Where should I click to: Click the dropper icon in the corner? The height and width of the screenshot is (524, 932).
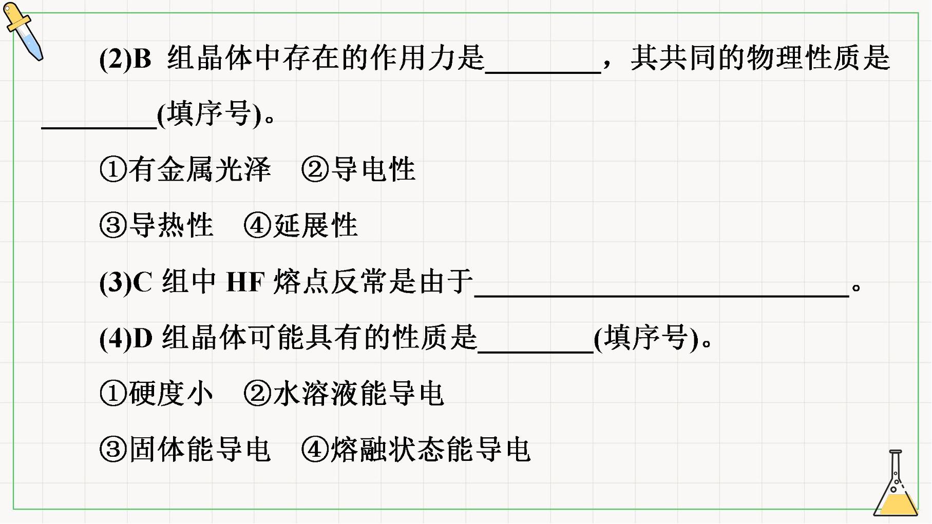(x=23, y=31)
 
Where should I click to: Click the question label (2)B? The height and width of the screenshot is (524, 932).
(x=125, y=59)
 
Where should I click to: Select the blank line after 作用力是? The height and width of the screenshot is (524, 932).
(x=543, y=73)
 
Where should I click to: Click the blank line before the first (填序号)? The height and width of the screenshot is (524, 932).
(x=99, y=128)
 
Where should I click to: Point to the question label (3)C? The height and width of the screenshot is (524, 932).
(x=126, y=282)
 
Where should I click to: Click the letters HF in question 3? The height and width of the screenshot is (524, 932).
(x=245, y=282)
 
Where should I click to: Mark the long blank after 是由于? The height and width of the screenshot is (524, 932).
(x=662, y=296)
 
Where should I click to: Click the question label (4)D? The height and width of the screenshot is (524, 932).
(x=126, y=338)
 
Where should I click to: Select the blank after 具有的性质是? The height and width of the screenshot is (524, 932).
(x=536, y=352)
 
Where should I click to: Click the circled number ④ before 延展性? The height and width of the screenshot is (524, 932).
(x=257, y=226)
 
